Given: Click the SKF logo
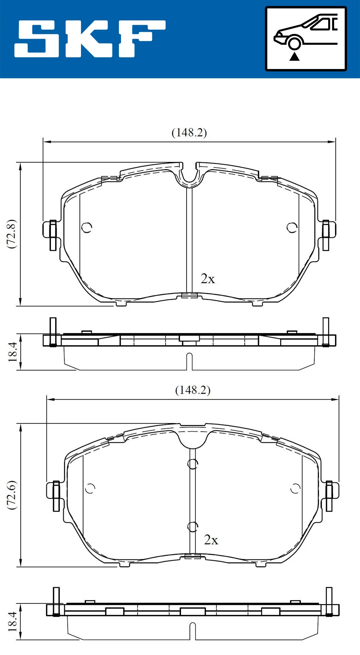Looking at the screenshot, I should tap(90, 39).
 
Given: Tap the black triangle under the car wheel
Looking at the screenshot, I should tap(295, 56).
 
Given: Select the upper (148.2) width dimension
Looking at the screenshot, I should tap(189, 133).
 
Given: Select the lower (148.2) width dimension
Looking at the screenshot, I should tap(193, 390).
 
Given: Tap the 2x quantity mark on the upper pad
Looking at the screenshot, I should tap(208, 279).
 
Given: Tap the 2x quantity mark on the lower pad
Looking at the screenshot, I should tap(211, 540).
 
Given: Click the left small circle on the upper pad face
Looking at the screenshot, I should tap(87, 227).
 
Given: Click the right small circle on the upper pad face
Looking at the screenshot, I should tap(292, 227).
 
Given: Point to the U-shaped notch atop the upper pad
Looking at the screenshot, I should tap(189, 176).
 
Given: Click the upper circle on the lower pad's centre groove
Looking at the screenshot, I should tap(193, 464).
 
